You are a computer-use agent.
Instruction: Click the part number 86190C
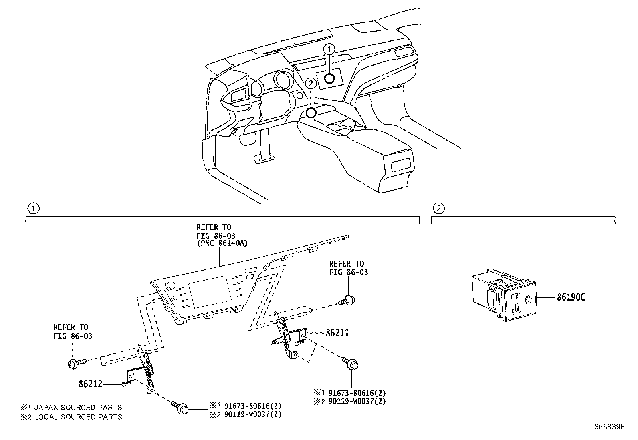(571, 297)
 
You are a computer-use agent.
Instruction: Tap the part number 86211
(337, 333)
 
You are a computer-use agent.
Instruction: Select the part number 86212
(90, 384)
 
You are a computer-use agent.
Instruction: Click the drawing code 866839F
(609, 427)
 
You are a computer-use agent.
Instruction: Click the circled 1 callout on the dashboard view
(329, 49)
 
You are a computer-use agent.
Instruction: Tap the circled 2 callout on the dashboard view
(310, 83)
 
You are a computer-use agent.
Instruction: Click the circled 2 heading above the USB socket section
(439, 208)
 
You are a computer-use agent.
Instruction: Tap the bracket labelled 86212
(142, 372)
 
